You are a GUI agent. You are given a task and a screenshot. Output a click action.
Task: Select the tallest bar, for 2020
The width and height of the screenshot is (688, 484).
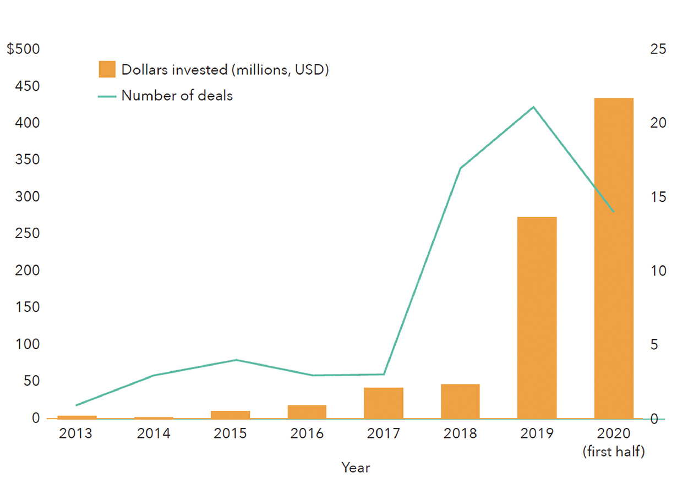click(x=614, y=258)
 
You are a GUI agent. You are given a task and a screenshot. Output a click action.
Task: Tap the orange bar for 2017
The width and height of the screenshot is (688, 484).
click(x=384, y=403)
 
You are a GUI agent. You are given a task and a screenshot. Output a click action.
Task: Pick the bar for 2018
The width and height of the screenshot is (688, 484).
click(x=460, y=401)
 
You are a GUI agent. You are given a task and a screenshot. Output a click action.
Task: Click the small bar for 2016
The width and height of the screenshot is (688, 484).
click(x=307, y=411)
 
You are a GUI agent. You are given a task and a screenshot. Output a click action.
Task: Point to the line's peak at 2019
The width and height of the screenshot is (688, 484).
click(x=533, y=107)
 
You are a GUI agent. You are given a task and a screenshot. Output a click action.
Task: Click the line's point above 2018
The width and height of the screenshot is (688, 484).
click(x=460, y=168)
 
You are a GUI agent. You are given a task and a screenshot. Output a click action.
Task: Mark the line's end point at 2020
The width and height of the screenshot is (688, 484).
click(x=613, y=212)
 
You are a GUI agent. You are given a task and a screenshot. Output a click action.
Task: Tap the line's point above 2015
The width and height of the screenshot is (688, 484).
click(x=236, y=360)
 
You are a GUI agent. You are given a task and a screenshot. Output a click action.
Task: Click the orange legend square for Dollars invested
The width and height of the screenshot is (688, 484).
click(x=107, y=70)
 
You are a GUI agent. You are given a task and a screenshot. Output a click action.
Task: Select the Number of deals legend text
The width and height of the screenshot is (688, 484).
click(x=177, y=96)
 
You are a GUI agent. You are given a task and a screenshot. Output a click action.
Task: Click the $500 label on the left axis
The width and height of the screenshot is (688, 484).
click(x=23, y=49)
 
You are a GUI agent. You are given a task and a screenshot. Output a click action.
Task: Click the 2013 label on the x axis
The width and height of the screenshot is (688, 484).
click(x=77, y=433)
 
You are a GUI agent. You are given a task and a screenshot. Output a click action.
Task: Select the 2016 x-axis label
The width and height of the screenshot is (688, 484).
click(x=307, y=433)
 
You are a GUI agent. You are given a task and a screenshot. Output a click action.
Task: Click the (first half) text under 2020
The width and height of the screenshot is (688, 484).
click(x=614, y=452)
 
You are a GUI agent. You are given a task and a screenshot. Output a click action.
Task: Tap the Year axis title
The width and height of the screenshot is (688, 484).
click(x=356, y=468)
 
